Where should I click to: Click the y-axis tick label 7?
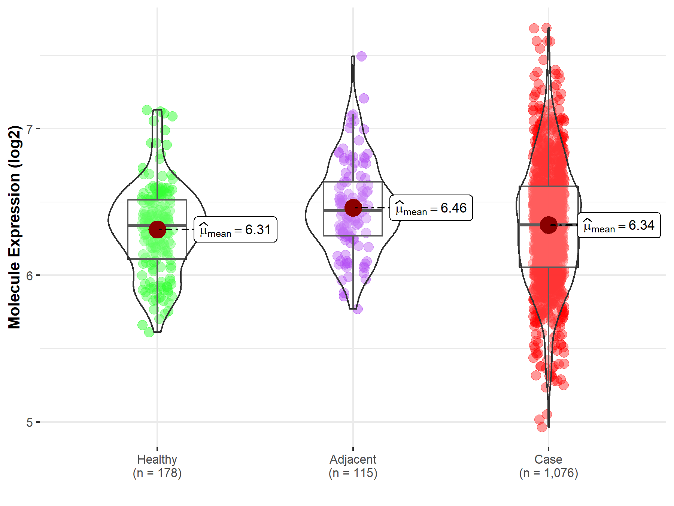[30, 129]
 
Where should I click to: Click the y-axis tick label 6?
[30, 276]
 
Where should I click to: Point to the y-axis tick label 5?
[30, 423]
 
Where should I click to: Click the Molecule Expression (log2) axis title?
[14, 227]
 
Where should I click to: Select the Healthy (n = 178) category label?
[157, 466]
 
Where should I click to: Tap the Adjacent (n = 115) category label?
[353, 466]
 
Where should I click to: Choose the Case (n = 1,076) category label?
[549, 466]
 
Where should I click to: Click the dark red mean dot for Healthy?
[157, 229]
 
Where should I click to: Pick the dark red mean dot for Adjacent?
[353, 208]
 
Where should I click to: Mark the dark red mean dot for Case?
[549, 225]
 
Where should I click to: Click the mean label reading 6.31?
[236, 229]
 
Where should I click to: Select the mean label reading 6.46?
[431, 208]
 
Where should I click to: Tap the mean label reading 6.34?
[619, 225]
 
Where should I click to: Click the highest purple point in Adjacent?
[361, 57]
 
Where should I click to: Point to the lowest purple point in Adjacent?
[358, 309]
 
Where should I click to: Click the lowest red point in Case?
[542, 427]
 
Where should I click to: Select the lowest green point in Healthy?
[149, 332]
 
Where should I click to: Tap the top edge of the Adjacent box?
[353, 182]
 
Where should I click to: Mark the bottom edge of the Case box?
[549, 267]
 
